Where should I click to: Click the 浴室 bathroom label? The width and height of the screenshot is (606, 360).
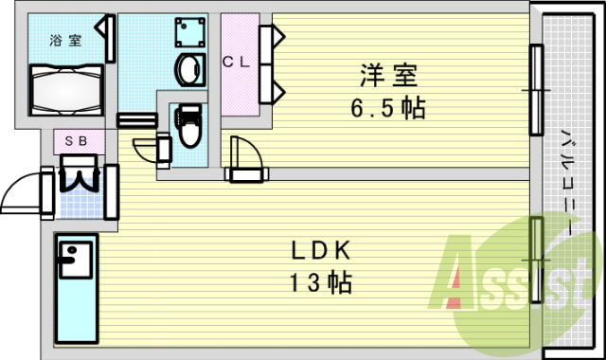[65, 40]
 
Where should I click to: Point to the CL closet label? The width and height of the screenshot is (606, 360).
[236, 63]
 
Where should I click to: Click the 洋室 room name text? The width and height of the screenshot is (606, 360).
[387, 74]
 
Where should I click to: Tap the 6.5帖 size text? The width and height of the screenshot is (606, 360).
[385, 107]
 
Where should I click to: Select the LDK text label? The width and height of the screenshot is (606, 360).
[321, 252]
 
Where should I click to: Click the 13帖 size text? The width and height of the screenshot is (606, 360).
[321, 281]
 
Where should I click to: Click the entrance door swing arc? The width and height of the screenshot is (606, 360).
[21, 196]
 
